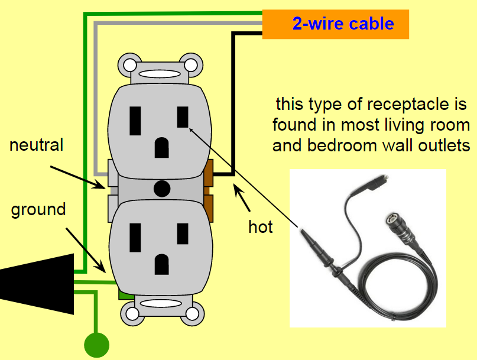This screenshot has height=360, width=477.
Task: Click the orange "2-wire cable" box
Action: [x=335, y=24]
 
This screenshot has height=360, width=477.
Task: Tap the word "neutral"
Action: [x=36, y=144]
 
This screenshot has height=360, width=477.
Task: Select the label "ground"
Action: [x=38, y=209]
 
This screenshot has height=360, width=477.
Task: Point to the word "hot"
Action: [x=261, y=226]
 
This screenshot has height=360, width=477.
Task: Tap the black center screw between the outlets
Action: [x=161, y=189]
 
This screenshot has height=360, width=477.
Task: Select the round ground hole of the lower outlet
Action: [x=161, y=264]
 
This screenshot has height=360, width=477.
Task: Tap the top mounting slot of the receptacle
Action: [x=161, y=75]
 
